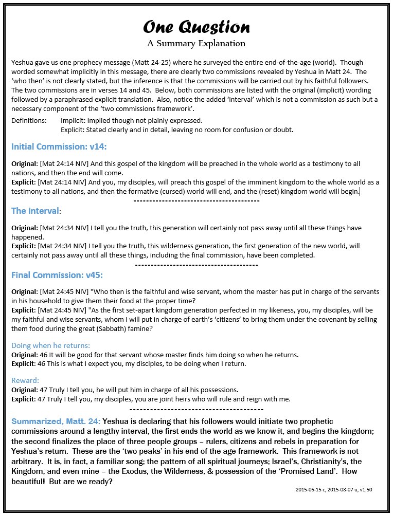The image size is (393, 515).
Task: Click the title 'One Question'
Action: point(196,27)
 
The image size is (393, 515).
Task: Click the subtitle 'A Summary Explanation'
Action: point(196,44)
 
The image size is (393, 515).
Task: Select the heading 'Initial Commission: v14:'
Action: point(59,146)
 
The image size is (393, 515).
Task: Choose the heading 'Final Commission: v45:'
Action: point(59,275)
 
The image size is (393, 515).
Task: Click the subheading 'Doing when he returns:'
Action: point(50,345)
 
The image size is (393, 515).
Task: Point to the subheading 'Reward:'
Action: point(25,380)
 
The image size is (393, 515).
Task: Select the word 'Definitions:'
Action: point(28,120)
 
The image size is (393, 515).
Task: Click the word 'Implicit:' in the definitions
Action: point(75,120)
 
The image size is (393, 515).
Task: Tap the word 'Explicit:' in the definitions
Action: point(75,130)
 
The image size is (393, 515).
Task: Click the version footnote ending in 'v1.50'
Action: point(333,490)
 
